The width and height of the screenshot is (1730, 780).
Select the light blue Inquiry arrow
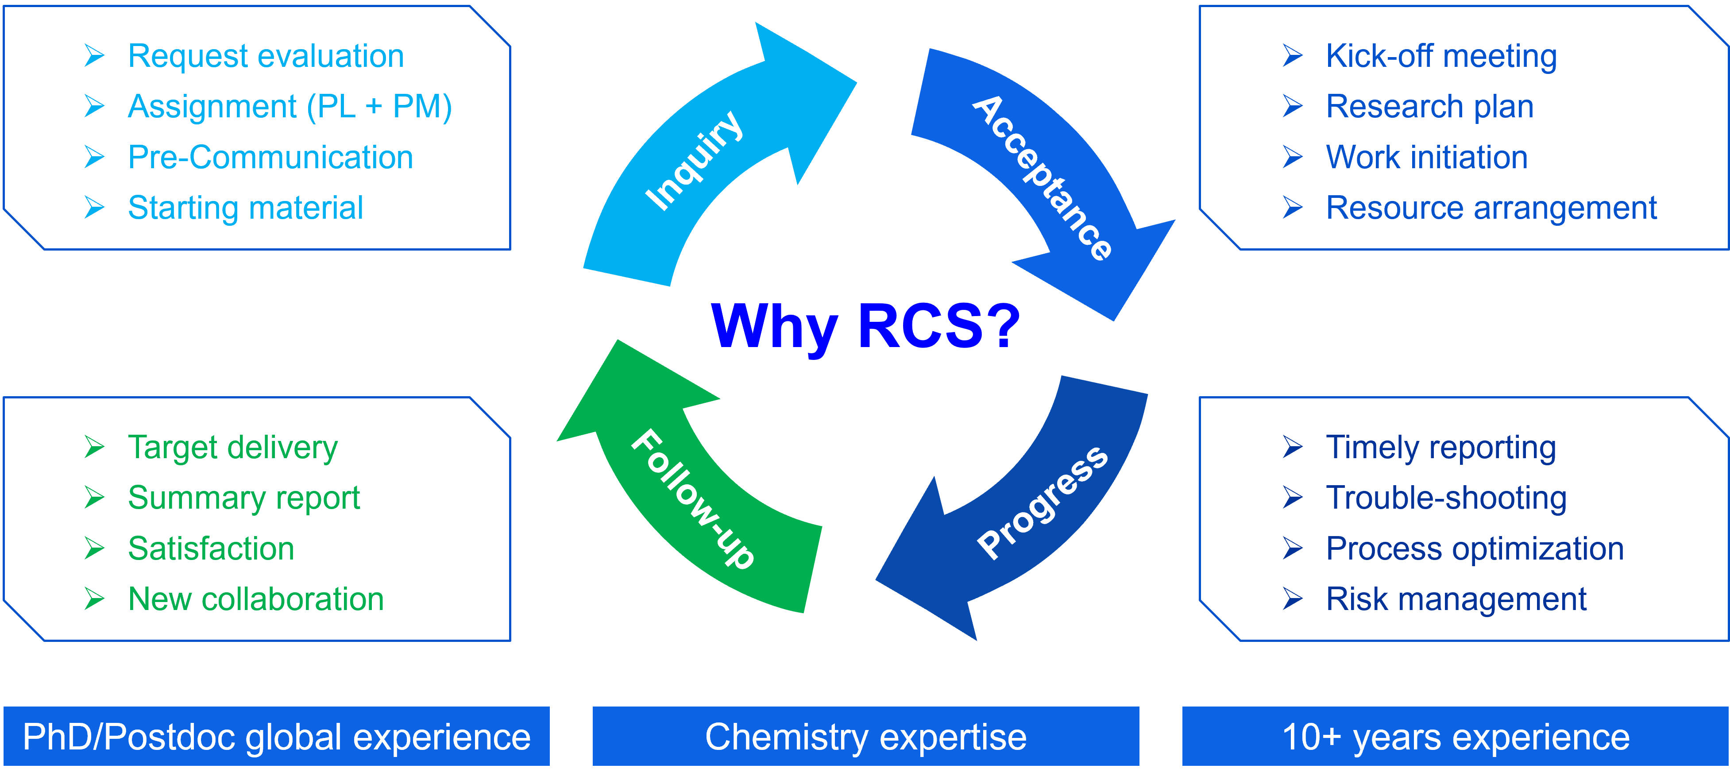(x=692, y=161)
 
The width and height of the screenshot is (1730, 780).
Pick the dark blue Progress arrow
(x=1041, y=504)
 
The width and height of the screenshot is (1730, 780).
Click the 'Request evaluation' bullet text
(x=266, y=56)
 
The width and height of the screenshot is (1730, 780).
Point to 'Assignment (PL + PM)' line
(x=290, y=107)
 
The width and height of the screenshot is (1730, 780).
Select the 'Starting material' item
(x=246, y=208)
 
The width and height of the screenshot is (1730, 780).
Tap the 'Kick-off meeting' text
(x=1441, y=56)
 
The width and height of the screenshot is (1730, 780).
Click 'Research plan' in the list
(x=1430, y=107)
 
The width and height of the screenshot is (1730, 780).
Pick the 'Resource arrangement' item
(x=1491, y=208)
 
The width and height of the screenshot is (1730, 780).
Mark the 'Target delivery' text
(x=232, y=448)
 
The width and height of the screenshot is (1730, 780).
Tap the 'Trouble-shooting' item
(x=1446, y=498)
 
